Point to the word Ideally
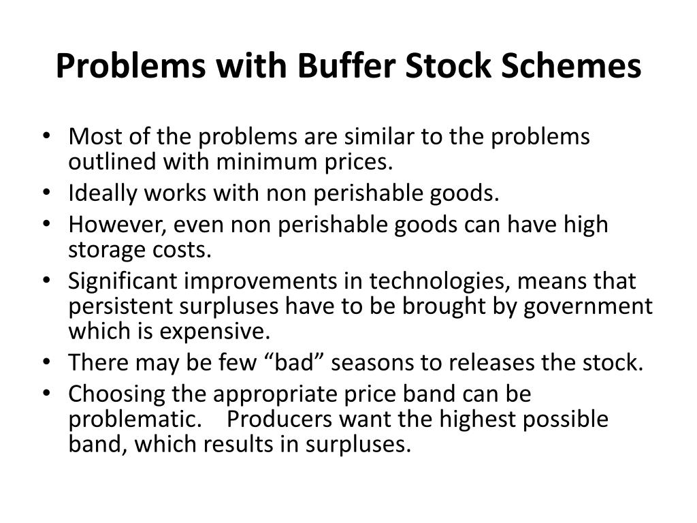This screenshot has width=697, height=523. (x=101, y=194)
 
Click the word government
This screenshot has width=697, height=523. (x=588, y=307)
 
